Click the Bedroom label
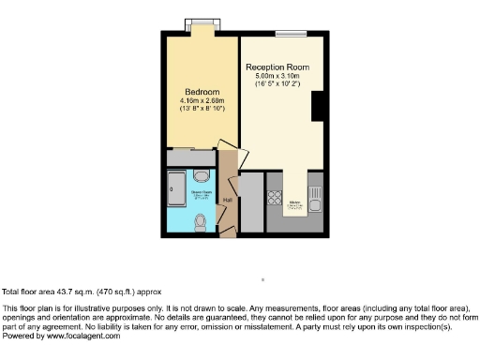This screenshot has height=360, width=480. click(x=201, y=91)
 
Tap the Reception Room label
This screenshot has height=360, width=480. click(x=277, y=68)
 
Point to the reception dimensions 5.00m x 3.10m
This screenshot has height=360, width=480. click(x=277, y=78)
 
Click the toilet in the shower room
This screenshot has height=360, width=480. click(x=200, y=222)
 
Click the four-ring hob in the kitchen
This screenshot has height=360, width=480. click(x=275, y=198)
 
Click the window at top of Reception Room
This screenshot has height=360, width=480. click(x=290, y=35)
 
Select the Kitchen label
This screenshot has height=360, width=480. click(x=294, y=202)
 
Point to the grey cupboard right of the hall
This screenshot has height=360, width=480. click(x=251, y=202)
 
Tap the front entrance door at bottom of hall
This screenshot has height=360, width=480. click(x=225, y=228)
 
